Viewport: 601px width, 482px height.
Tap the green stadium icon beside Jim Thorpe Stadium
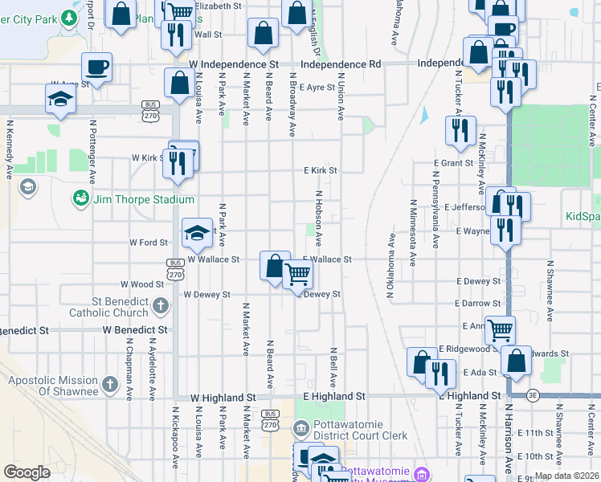coord(80,198)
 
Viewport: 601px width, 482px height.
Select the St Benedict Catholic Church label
coord(106,306)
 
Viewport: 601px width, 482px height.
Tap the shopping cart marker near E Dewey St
coord(298,276)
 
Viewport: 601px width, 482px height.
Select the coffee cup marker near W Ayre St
coord(96,67)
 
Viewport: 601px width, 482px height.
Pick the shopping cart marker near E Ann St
coord(500,329)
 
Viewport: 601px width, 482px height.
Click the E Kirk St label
coord(320,170)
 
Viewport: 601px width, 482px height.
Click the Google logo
coord(27,472)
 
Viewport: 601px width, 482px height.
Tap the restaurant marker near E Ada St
coord(440,372)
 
